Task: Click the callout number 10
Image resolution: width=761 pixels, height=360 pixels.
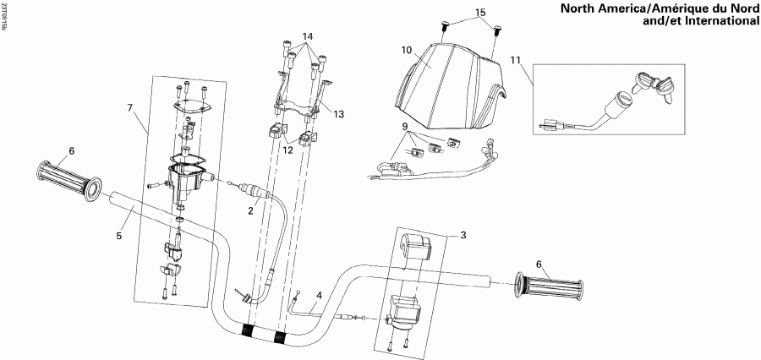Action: point(407,51)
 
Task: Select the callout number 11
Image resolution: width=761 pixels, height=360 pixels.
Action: point(517,62)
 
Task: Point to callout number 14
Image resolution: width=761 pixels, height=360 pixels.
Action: point(308,36)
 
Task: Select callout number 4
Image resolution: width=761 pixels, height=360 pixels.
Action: point(318,295)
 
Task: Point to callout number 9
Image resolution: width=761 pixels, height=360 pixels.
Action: point(405,127)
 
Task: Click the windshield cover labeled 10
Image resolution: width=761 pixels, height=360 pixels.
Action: point(448,85)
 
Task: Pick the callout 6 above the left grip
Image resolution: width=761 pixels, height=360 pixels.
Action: point(71,150)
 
